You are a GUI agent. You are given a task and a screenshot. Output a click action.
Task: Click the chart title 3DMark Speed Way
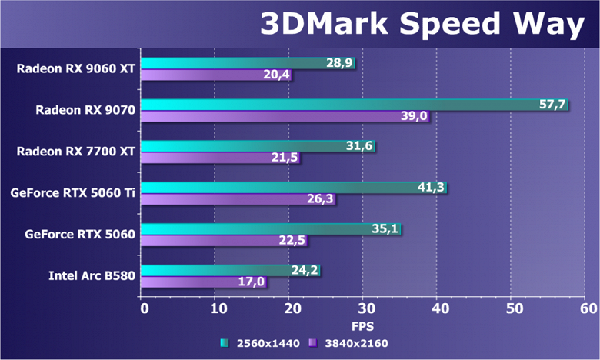[422, 24]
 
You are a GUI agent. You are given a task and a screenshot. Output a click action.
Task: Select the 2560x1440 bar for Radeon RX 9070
[354, 105]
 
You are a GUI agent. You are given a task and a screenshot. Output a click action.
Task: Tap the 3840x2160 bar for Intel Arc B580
[204, 282]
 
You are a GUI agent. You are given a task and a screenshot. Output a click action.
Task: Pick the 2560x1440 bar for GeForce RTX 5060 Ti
[293, 188]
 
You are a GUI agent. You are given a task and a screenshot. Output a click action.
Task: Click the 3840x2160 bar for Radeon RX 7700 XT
[220, 158]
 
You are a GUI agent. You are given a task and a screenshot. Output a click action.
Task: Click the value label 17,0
[252, 282]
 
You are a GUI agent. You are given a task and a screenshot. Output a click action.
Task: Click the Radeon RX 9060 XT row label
[75, 68]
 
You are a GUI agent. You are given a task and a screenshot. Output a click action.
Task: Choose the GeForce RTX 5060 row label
[80, 234]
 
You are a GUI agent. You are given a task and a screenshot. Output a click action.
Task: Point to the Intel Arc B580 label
[92, 275]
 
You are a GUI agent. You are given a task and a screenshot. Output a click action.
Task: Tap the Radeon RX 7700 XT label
[75, 151]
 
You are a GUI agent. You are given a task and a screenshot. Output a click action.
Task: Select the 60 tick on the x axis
[588, 308]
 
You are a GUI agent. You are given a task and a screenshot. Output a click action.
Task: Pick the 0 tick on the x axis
[143, 308]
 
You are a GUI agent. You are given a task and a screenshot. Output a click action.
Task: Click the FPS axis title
[364, 325]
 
